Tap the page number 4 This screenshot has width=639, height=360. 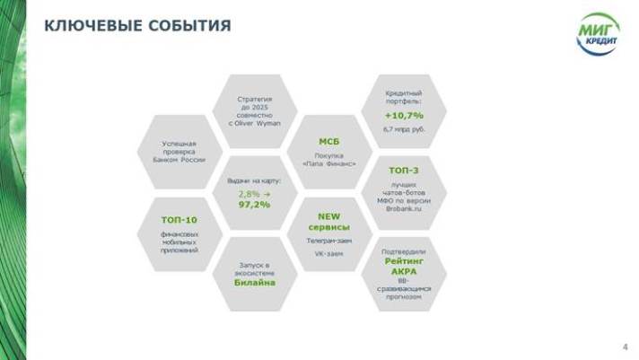[x=625, y=347]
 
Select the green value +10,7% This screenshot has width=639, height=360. [x=404, y=116]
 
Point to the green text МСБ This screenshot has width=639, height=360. [x=329, y=142]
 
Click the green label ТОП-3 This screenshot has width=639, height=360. [x=404, y=170]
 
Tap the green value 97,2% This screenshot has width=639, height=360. [x=254, y=205]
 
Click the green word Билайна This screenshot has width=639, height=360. [x=254, y=282]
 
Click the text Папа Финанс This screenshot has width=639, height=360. [x=329, y=164]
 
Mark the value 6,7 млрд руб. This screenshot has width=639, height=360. [x=404, y=130]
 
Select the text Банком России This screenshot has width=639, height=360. [x=179, y=159]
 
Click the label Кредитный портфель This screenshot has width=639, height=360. [x=404, y=97]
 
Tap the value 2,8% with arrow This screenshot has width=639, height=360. [x=253, y=193]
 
